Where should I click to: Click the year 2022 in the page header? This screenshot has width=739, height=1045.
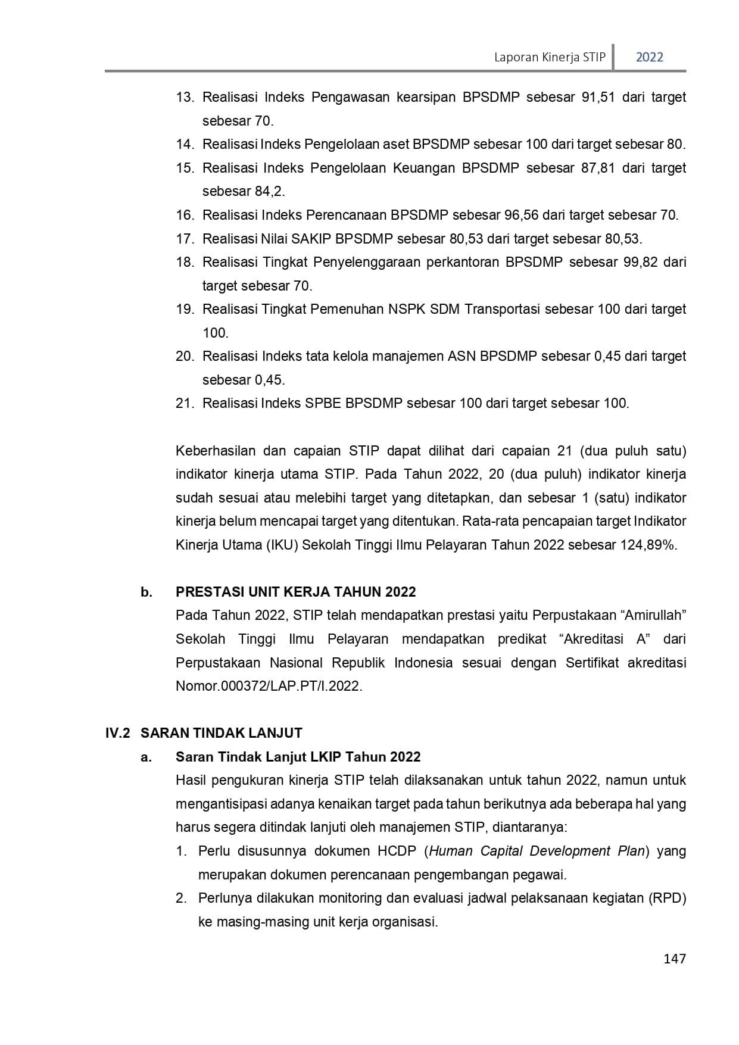click(x=649, y=57)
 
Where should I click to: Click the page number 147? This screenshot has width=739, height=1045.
click(x=674, y=959)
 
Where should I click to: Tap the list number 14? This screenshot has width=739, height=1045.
click(x=185, y=144)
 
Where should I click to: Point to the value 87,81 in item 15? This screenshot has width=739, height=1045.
click(x=597, y=168)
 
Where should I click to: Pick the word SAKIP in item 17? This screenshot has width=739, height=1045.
click(x=313, y=239)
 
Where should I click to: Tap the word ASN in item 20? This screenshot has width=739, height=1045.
click(x=462, y=356)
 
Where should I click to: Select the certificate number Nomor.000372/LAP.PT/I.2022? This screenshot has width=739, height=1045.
click(x=269, y=686)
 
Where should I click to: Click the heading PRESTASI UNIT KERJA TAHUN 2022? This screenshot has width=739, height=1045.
click(x=295, y=592)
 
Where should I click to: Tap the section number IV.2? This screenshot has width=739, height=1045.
click(x=117, y=733)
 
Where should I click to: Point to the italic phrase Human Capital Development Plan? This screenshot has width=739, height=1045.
click(x=537, y=851)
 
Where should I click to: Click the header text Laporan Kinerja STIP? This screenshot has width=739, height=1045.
click(x=550, y=57)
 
